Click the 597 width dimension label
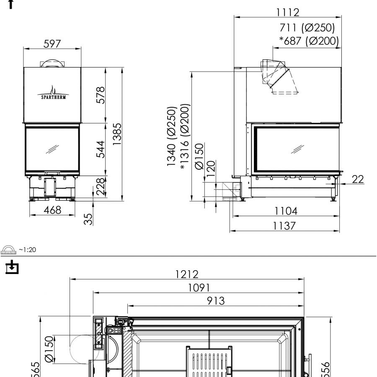(52, 44)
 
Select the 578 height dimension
(100, 95)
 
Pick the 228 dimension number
(100, 187)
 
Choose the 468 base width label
(52, 210)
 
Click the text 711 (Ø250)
(307, 28)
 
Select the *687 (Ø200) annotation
(309, 41)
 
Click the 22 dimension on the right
(357, 179)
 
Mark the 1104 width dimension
(286, 211)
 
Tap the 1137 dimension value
(284, 226)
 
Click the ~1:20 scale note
(27, 250)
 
